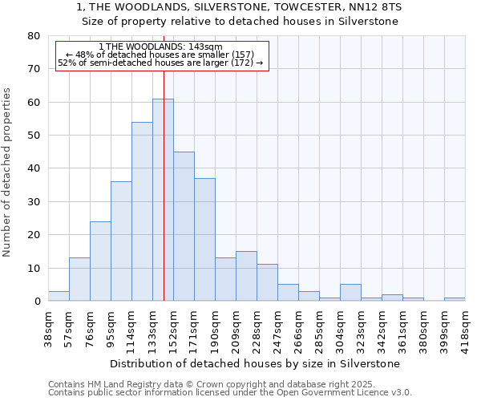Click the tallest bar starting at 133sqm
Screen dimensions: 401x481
coord(158,200)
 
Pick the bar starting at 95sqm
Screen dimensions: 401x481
coord(121,241)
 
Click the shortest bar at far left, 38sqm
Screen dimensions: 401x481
coord(59,296)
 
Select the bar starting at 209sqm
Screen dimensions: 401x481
coord(246,277)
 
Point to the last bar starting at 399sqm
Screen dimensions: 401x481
coord(455,299)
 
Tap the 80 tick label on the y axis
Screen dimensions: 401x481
coord(33,36)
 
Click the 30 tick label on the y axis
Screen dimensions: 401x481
coord(33,202)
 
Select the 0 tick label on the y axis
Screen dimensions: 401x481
coord(36,302)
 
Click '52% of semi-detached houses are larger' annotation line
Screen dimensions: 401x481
coord(160,63)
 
